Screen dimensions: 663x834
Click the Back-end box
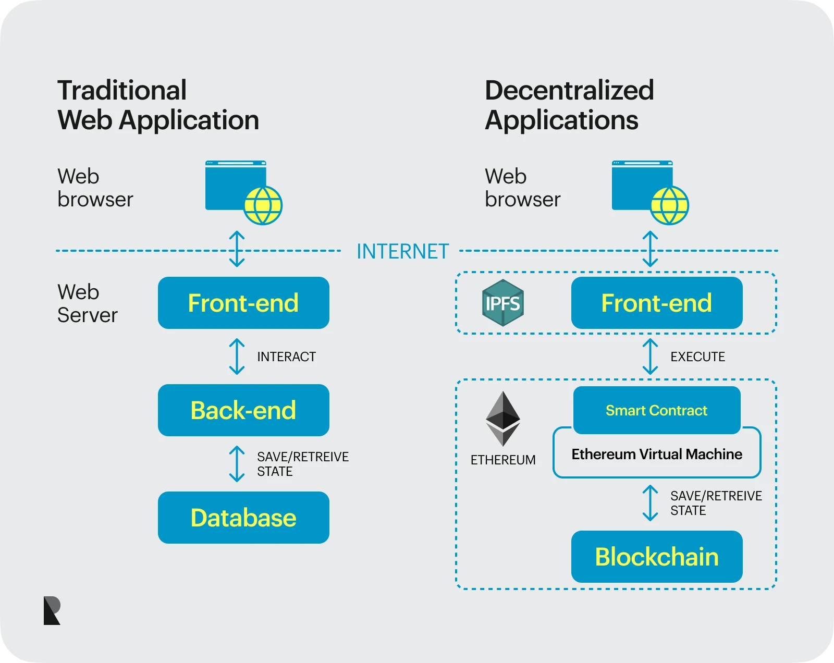pyautogui.click(x=243, y=410)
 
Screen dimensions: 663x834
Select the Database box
pyautogui.click(x=243, y=518)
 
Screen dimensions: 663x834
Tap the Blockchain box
pyautogui.click(x=657, y=557)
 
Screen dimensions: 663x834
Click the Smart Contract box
pyautogui.click(x=657, y=410)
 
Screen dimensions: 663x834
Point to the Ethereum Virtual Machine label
pyautogui.click(x=657, y=455)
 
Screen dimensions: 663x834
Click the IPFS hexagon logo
pyautogui.click(x=502, y=303)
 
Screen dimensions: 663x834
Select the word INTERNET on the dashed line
pyautogui.click(x=402, y=251)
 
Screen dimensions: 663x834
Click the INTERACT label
pyautogui.click(x=286, y=357)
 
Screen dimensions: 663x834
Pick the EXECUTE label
pyautogui.click(x=697, y=357)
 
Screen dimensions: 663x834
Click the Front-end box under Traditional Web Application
pyautogui.click(x=243, y=303)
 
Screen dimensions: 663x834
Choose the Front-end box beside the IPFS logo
pyautogui.click(x=657, y=303)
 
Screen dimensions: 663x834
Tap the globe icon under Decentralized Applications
pyautogui.click(x=670, y=205)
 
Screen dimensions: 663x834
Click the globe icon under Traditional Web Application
pyautogui.click(x=263, y=205)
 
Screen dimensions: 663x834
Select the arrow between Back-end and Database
pyautogui.click(x=237, y=464)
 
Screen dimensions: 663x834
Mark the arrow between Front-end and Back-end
pyautogui.click(x=237, y=357)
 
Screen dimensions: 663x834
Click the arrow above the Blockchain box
pyautogui.click(x=650, y=503)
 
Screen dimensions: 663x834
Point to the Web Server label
pyautogui.click(x=88, y=303)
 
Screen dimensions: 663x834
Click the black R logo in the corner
pyautogui.click(x=52, y=610)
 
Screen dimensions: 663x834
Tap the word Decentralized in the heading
pyautogui.click(x=569, y=90)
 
